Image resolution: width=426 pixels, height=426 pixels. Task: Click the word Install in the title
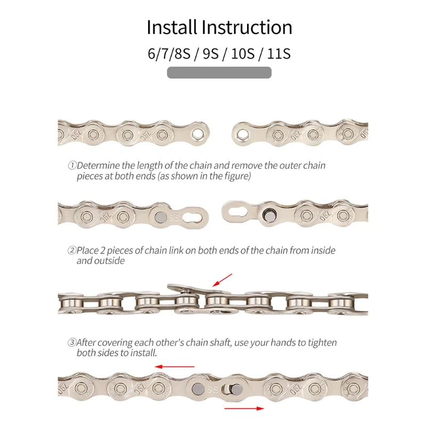click(173, 27)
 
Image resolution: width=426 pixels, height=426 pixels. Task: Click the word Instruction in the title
click(248, 27)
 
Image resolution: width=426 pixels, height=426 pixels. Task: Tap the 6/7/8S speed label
click(169, 54)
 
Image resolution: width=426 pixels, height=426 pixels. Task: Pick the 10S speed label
click(242, 54)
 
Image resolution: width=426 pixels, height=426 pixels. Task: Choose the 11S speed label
click(280, 54)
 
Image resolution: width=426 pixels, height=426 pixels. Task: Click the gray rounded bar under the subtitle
click(219, 72)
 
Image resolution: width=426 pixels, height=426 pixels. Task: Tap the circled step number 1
click(71, 166)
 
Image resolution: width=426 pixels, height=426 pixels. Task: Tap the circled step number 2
click(71, 250)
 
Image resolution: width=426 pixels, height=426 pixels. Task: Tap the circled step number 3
click(71, 342)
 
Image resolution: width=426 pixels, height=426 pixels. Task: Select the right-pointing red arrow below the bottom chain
click(244, 408)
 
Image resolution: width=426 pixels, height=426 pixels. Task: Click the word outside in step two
click(109, 260)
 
